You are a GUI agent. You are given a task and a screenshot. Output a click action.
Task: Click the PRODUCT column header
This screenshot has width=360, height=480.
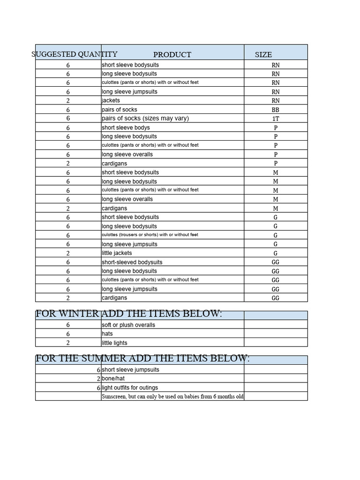point(172,54)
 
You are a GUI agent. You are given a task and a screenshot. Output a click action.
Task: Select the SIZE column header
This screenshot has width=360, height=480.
point(263,54)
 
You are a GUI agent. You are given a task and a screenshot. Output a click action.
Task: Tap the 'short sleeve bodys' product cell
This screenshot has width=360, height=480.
point(126,127)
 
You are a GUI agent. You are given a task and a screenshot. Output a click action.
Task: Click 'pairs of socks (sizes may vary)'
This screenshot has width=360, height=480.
point(145,118)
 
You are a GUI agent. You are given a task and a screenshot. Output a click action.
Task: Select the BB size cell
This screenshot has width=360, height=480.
point(275,110)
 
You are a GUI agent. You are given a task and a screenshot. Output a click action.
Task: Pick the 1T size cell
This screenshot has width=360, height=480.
point(275,119)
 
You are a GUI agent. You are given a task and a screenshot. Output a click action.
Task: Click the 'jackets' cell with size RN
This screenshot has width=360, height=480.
point(111,100)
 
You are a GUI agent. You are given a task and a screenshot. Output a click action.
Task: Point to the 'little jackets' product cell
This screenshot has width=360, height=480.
point(117,253)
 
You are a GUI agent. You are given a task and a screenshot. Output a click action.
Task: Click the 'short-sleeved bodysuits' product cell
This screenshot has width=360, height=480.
point(132,262)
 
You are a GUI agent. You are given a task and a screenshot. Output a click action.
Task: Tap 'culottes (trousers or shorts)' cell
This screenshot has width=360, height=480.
point(150,235)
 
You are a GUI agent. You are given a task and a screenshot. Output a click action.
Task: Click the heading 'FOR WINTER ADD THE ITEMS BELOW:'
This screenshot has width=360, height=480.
point(128,314)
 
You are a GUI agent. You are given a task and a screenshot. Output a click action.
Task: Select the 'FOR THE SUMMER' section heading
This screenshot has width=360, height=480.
point(142,359)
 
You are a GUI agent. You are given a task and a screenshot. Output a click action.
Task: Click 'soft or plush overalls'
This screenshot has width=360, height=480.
point(128,325)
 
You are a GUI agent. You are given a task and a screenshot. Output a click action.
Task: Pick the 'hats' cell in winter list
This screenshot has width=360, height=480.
point(107,334)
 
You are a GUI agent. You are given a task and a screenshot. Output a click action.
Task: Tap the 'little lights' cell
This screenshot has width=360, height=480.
point(114,343)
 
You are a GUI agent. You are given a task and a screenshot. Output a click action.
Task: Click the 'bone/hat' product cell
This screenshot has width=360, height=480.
point(113,378)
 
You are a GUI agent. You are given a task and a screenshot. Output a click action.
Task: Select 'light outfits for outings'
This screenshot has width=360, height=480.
point(130,388)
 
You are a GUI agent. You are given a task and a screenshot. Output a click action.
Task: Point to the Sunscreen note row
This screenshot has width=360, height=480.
point(172,397)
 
